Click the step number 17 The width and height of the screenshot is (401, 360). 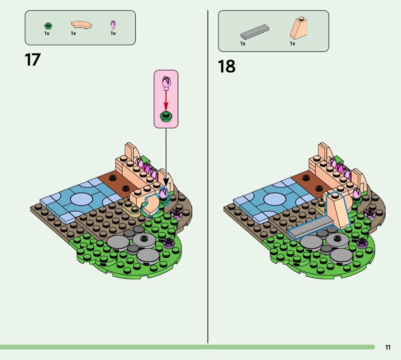tap(33, 60)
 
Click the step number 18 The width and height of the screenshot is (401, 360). tap(227, 66)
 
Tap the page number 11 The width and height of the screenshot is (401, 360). tap(387, 347)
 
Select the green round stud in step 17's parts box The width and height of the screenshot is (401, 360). tap(48, 26)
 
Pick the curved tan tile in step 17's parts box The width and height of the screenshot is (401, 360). tap(81, 25)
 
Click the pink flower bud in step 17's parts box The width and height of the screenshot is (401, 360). tap(113, 25)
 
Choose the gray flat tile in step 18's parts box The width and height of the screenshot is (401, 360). tap(255, 32)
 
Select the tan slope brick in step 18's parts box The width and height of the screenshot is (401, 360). tap(298, 28)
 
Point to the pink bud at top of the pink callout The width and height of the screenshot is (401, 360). tap(166, 83)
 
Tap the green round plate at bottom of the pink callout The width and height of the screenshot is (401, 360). tap(166, 117)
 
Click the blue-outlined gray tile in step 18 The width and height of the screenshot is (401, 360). tap(310, 228)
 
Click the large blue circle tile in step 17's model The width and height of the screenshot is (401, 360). tap(81, 200)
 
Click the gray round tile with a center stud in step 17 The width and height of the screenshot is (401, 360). tap(144, 241)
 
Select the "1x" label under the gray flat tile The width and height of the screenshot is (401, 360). tap(243, 44)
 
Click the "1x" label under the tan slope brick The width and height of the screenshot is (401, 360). tap(292, 44)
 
